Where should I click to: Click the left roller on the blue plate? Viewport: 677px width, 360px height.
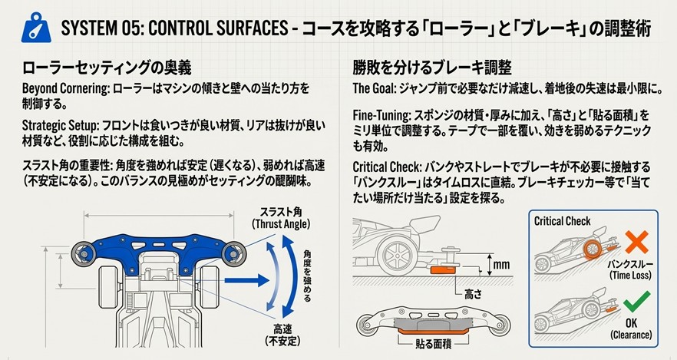(x=82, y=252)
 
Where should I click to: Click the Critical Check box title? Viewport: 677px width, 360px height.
(x=563, y=221)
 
